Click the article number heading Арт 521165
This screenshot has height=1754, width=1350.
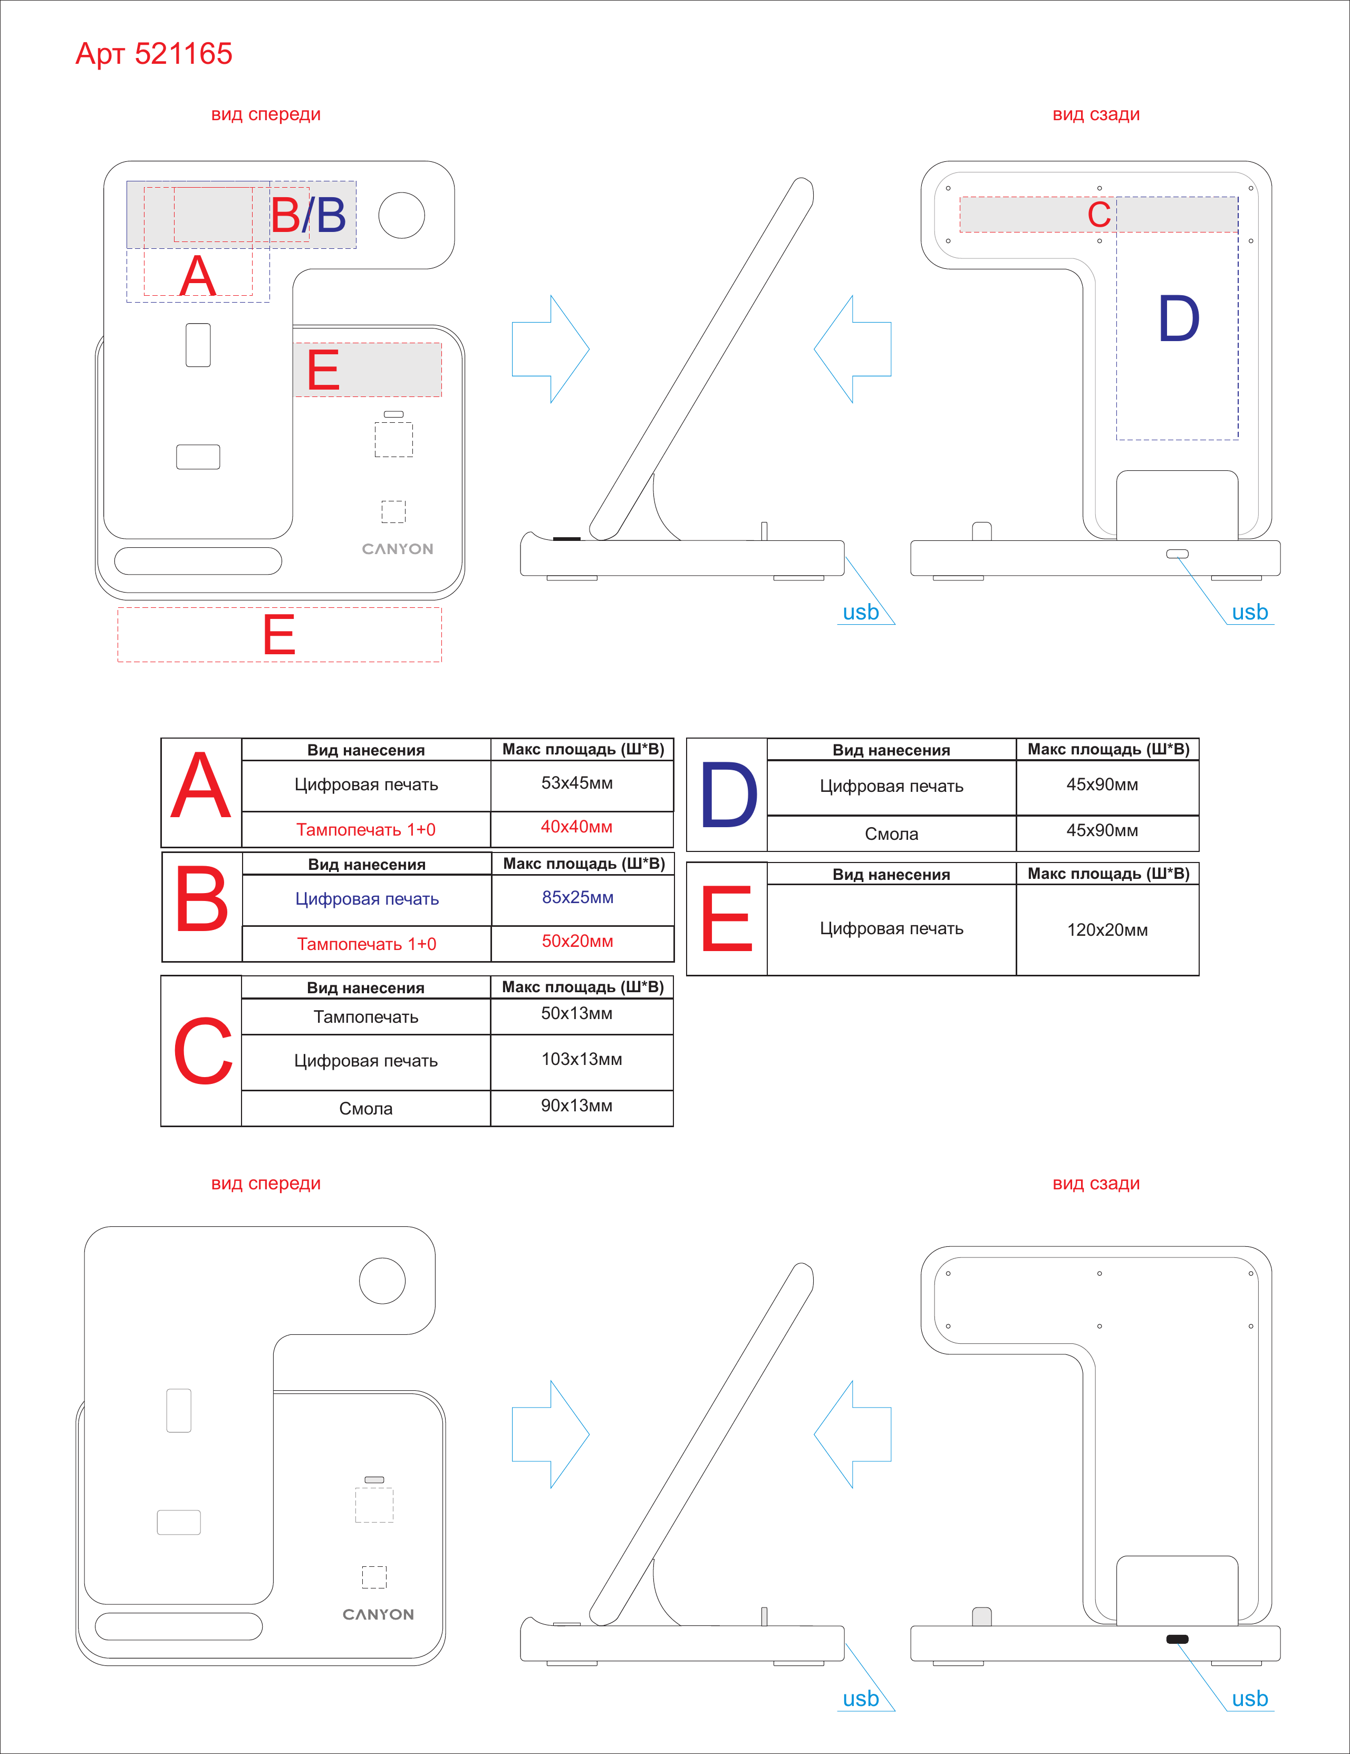click(153, 54)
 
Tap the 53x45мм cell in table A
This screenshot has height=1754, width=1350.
click(576, 783)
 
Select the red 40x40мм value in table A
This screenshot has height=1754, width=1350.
click(576, 827)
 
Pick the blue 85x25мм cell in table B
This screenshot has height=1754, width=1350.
click(577, 897)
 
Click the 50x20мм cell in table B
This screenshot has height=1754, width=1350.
click(577, 941)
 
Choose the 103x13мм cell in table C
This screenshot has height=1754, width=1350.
click(582, 1059)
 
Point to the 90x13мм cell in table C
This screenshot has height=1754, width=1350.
click(576, 1106)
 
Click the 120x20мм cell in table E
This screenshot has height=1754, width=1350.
click(1107, 930)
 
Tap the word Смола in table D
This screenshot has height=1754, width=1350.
click(891, 834)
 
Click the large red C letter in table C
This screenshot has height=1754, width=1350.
click(202, 1051)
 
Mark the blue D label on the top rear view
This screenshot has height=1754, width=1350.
click(1178, 319)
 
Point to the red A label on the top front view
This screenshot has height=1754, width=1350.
click(198, 276)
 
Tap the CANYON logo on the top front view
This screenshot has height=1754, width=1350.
click(398, 549)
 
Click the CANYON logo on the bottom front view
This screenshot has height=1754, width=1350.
click(378, 1614)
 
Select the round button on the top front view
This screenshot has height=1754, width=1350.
click(401, 215)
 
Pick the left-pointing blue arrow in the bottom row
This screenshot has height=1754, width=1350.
click(853, 1435)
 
